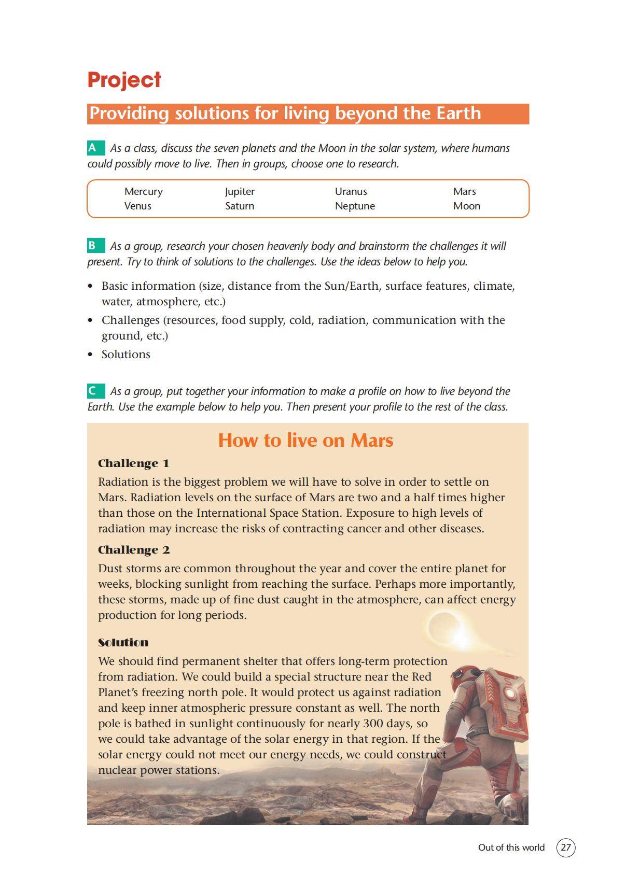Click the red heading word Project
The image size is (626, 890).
point(124,80)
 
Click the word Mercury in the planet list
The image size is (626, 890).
point(143,191)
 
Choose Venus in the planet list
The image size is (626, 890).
point(137,206)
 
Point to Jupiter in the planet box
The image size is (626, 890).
point(240,191)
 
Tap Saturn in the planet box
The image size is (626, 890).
point(239,206)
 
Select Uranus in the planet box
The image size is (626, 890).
point(351,191)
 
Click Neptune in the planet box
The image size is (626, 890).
point(355,206)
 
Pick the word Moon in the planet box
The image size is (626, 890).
point(466,206)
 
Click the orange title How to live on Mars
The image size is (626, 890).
point(305,440)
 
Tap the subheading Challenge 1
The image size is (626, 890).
point(133,463)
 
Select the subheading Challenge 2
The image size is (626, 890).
point(134,550)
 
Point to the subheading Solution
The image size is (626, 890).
point(123,643)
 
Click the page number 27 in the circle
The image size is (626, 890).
point(566,848)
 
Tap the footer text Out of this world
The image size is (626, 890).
point(511,848)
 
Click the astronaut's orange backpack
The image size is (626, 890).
point(503,695)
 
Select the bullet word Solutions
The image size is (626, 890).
point(126,355)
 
